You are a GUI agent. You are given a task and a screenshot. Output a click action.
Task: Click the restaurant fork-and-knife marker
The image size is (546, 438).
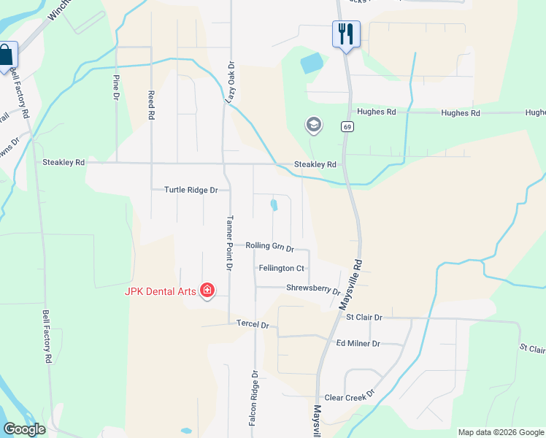coord(346,34)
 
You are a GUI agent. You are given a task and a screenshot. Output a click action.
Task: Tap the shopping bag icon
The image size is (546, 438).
coord(7,55)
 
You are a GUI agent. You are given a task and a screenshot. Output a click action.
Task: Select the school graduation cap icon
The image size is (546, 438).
coord(314,126)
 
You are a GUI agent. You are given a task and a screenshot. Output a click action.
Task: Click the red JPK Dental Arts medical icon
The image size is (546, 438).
coord(207,291)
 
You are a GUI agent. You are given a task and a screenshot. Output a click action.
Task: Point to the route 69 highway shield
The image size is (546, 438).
coord(347,127)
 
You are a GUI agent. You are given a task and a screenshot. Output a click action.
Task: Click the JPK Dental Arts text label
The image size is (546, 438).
coord(160,291)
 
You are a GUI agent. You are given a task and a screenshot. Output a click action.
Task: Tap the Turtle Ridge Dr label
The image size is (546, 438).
coord(191,190)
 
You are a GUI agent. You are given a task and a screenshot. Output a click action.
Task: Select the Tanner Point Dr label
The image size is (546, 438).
coord(228,244)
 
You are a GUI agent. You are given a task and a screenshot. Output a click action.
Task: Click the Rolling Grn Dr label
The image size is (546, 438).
coord(269,247)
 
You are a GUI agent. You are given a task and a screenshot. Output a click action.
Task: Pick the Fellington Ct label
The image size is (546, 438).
coord(282,269)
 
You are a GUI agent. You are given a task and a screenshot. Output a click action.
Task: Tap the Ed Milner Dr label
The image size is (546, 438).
coord(358,343)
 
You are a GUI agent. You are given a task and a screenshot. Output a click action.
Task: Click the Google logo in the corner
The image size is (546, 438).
coord(24,429)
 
